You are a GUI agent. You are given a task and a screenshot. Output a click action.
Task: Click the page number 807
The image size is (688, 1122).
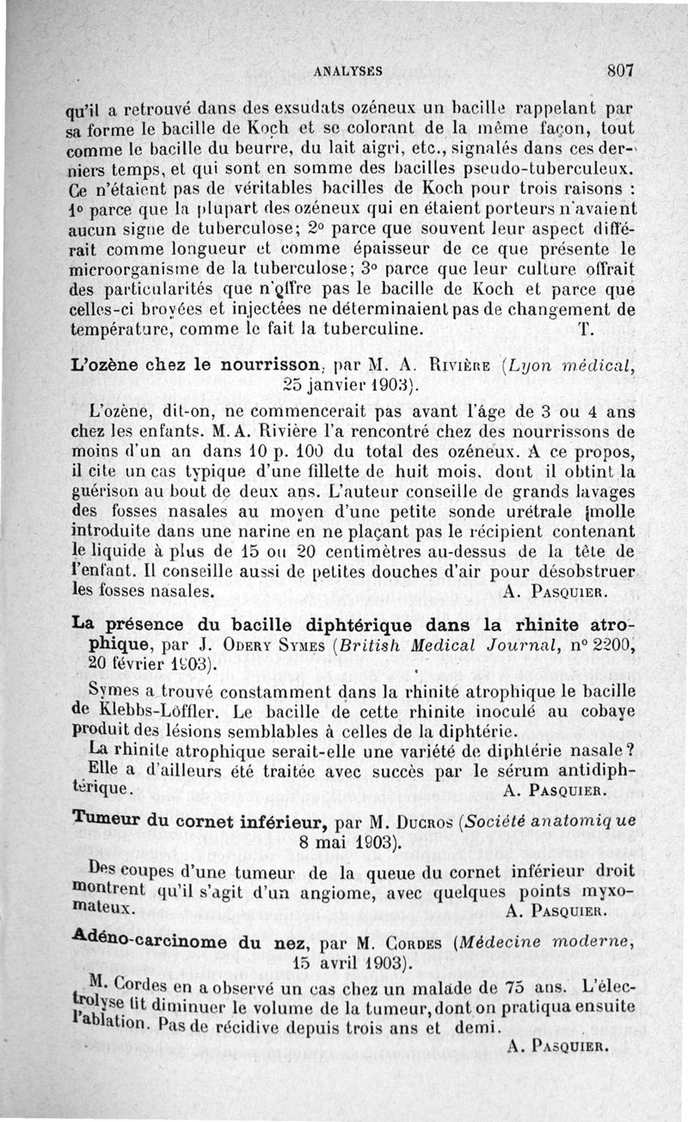pyautogui.click(x=619, y=71)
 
